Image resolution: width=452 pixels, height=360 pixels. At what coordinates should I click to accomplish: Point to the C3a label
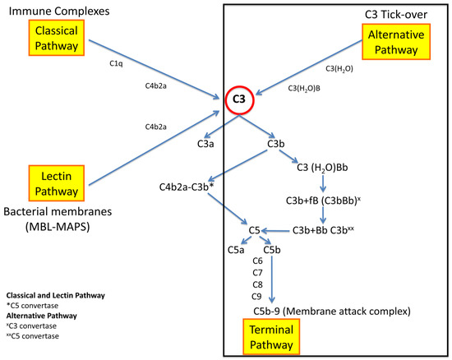(206, 144)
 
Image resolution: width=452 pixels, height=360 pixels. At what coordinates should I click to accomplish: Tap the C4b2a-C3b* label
(190, 187)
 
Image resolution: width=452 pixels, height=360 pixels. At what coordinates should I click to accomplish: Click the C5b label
(273, 249)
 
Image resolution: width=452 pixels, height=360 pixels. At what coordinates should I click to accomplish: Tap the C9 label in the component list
(258, 295)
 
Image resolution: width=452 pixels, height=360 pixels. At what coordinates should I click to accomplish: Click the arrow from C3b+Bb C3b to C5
(282, 231)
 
